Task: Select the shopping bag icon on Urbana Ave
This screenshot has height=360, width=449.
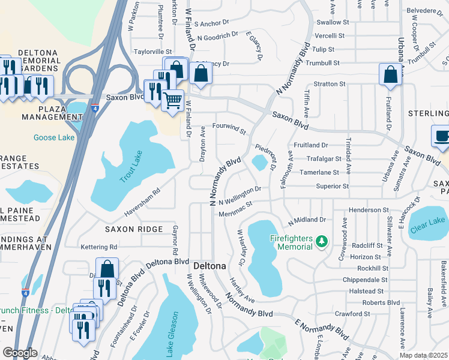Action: [390, 74]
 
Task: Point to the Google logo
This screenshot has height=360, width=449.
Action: [20, 353]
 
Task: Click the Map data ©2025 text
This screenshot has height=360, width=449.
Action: [424, 355]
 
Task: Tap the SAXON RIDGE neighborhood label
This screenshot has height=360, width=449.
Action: [134, 229]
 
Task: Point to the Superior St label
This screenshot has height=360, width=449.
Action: [333, 187]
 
